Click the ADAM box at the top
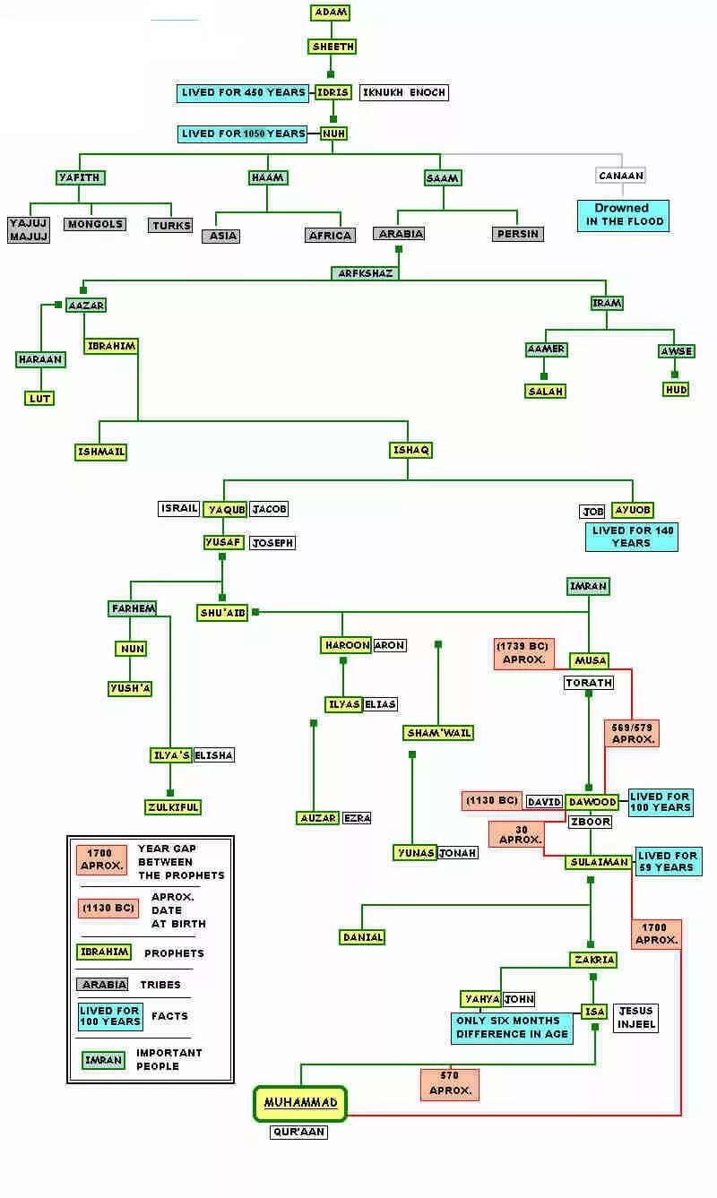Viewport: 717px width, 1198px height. tap(331, 13)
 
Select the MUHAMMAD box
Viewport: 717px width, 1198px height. tap(300, 1104)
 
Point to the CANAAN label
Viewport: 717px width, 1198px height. tap(620, 176)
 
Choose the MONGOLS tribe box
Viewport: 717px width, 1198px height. tap(94, 224)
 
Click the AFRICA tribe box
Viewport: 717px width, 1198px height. tap(330, 236)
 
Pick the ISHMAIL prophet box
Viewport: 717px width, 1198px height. tap(100, 452)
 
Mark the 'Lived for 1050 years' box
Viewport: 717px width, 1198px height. tap(244, 134)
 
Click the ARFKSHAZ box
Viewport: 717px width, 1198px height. tap(366, 273)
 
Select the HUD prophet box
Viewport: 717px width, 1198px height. tap(675, 390)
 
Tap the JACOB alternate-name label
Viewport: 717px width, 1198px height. tap(269, 509)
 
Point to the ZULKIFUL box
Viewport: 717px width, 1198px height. tap(173, 807)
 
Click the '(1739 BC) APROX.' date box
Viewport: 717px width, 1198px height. tap(524, 653)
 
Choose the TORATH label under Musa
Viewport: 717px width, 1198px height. tap(589, 683)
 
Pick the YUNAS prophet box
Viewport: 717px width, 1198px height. tap(415, 853)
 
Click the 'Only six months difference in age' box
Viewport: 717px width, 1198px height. tap(512, 1028)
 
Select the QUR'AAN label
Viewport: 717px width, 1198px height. tap(299, 1133)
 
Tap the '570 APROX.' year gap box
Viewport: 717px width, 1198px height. tap(450, 1083)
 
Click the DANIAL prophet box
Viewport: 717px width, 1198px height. tap(362, 937)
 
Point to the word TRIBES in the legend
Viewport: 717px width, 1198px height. tap(160, 985)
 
